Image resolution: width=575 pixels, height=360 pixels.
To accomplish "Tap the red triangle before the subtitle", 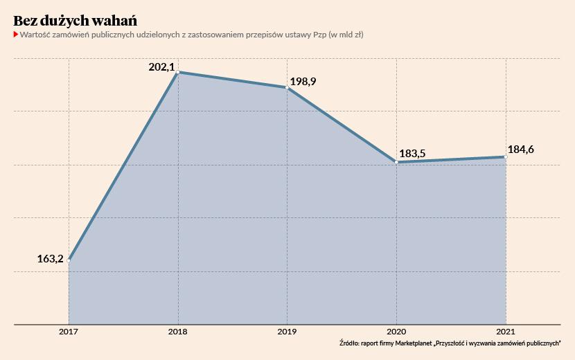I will point(15,34).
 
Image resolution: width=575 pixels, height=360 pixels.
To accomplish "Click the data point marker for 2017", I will point(69,260).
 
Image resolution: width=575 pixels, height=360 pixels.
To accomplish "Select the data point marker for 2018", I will point(178,72).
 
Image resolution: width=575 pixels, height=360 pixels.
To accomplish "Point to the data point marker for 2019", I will point(287,87).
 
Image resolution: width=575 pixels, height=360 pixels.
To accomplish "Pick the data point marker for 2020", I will point(396,162).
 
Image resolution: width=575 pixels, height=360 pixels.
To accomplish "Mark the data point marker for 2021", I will point(506,157).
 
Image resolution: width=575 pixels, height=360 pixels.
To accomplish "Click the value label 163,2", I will point(50,259).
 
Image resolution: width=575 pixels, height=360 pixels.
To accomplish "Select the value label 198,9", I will point(303,82).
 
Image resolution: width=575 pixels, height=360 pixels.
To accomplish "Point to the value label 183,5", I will point(413,154).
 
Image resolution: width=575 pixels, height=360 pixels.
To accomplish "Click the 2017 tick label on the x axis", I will point(69,332).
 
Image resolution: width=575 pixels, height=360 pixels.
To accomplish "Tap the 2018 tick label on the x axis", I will point(178,332).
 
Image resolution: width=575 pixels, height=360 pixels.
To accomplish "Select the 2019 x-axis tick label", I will point(287,332).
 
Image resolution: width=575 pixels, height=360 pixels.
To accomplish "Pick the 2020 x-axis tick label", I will point(396,332).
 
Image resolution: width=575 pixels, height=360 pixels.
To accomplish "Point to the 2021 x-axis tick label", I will point(506,332).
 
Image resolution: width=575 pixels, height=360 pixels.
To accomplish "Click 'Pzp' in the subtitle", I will point(317,34).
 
